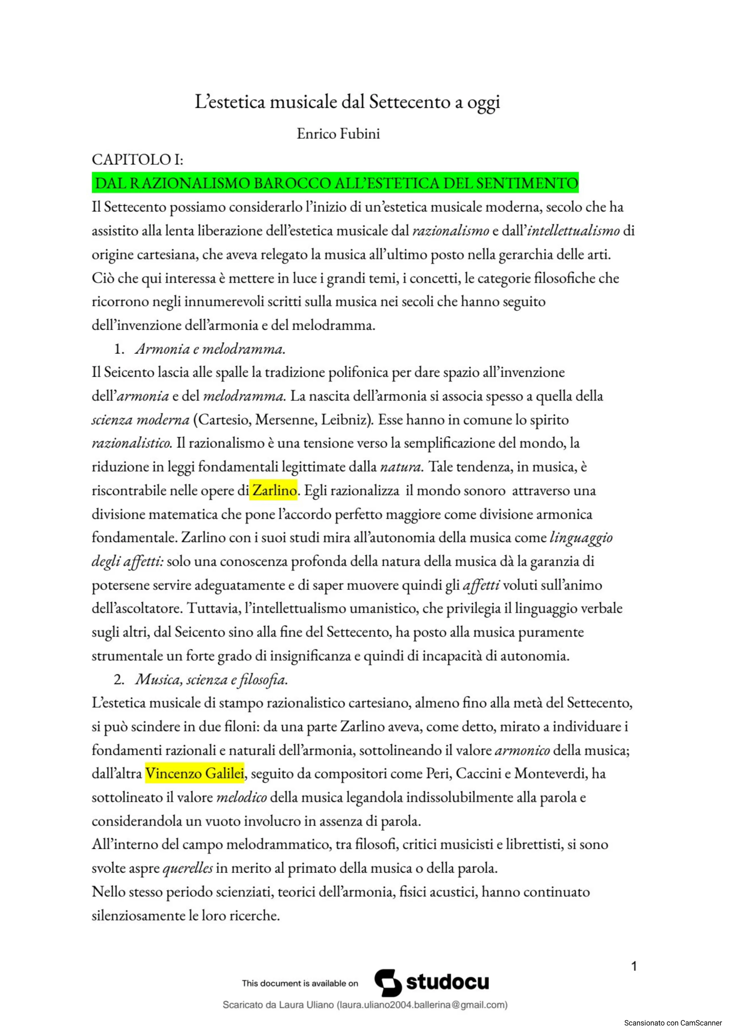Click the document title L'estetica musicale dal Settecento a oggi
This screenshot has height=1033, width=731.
point(347,102)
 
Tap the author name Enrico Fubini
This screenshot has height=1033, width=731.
point(338,134)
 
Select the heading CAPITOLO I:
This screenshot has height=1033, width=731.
point(137,159)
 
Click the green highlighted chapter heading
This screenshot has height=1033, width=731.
point(335,183)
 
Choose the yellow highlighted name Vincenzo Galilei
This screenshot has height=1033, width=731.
point(195,773)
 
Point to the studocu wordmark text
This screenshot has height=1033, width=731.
point(448,982)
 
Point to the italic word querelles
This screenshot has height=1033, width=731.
point(188,868)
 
